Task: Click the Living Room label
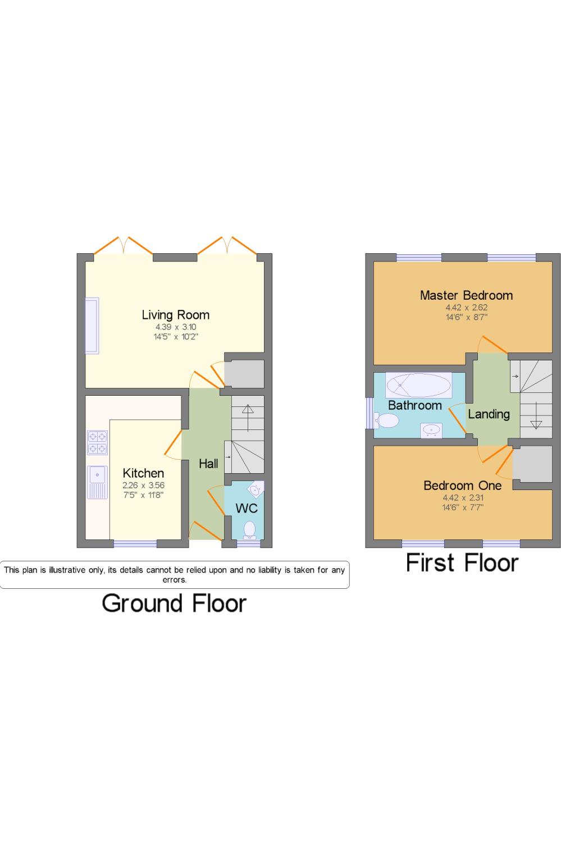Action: tap(176, 314)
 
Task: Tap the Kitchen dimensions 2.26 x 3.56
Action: tap(143, 486)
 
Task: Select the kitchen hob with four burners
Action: tap(97, 442)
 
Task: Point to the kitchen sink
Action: tap(97, 482)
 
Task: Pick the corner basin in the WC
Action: tap(256, 489)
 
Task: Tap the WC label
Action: tap(247, 508)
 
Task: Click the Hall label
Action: tap(208, 464)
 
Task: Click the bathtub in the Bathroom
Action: tap(418, 385)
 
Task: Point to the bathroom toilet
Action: tap(386, 420)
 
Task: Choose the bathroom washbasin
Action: tap(431, 431)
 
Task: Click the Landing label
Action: tap(489, 414)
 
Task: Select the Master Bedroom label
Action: tap(466, 295)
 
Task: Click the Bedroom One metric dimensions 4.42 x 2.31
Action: tap(463, 498)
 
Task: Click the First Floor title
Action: tap(462, 562)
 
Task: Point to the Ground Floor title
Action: tap(174, 603)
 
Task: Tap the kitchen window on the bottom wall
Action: tap(135, 543)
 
